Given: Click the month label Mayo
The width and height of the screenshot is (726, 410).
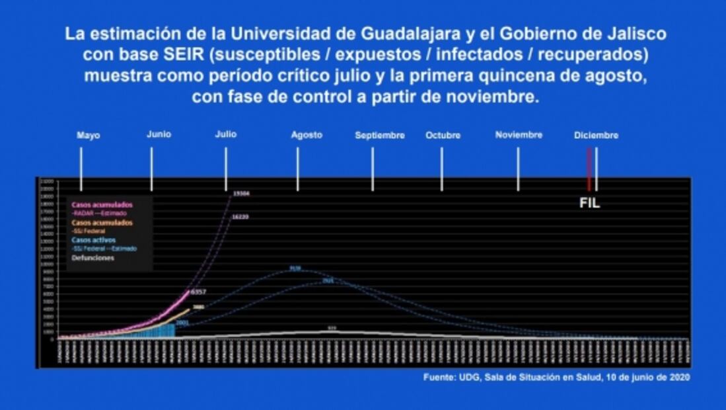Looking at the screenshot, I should (x=88, y=136).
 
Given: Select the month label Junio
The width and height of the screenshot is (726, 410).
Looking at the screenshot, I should (x=159, y=134).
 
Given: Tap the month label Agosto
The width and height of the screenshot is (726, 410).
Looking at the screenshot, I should (x=307, y=135).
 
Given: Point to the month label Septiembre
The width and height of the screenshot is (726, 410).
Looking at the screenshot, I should (x=380, y=136).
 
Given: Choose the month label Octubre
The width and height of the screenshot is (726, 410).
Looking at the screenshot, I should (x=443, y=136).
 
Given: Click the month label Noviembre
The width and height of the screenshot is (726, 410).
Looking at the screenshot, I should (x=519, y=135).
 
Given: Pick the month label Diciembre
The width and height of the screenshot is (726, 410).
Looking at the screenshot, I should (x=596, y=136).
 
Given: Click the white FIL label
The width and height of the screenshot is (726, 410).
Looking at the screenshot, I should (x=589, y=204).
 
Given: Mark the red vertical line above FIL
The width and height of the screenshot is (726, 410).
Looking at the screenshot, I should (x=589, y=169).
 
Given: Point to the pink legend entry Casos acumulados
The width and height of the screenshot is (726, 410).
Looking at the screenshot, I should (x=102, y=204).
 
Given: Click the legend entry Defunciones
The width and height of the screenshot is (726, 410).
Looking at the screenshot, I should (x=93, y=258).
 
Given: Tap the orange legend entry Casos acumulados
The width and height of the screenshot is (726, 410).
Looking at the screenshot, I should (x=102, y=223).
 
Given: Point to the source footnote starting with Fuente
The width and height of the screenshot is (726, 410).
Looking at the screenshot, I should (x=557, y=377).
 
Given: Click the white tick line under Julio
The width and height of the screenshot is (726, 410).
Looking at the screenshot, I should (x=226, y=169).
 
